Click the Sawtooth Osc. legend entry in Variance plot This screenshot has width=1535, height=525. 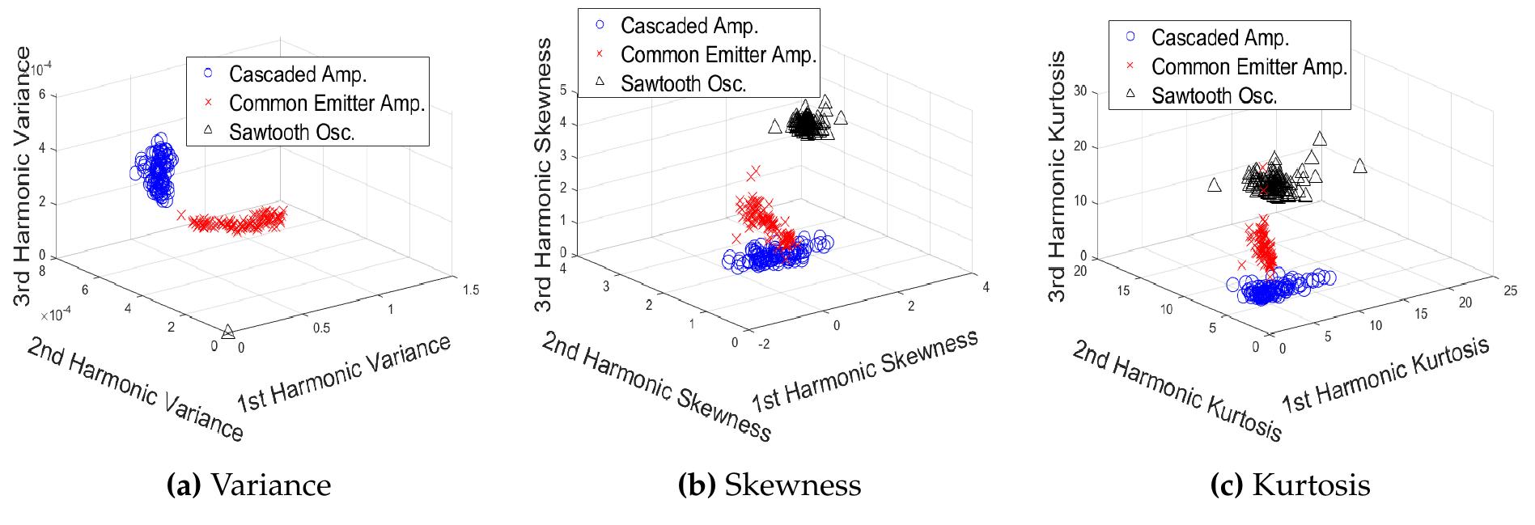(x=291, y=132)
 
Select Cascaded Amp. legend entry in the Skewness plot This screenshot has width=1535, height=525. (x=689, y=25)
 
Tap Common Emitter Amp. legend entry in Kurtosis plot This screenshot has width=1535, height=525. (x=1249, y=66)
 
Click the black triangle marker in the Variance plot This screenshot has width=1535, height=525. (x=228, y=331)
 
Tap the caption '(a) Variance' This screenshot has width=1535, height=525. (x=248, y=485)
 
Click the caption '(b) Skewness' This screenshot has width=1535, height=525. (x=769, y=485)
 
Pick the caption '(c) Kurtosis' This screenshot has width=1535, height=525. (x=1290, y=485)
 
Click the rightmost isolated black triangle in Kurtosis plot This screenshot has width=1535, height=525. (x=1359, y=166)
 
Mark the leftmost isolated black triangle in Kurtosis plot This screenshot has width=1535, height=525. (x=1214, y=185)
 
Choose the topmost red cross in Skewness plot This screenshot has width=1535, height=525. (x=755, y=171)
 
